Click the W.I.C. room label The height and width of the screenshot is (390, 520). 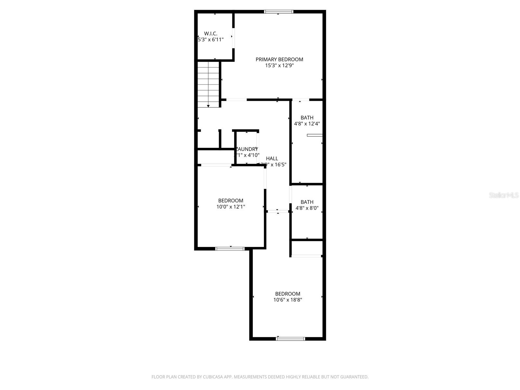[211, 33]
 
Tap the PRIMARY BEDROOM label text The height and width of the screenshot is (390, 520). [279, 59]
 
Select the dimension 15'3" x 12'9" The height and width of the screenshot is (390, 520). [279, 66]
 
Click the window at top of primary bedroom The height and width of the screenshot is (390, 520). [279, 12]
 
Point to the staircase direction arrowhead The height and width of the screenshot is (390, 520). [208, 106]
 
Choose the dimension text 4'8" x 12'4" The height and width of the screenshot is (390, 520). [307, 124]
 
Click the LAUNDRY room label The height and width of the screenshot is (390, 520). [247, 149]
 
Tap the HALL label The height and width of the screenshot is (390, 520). [272, 159]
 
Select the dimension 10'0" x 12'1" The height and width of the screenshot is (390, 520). [231, 207]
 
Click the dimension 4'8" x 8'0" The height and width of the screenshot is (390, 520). [307, 208]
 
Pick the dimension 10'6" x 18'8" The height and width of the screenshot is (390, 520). [288, 300]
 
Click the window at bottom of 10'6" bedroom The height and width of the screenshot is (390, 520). [290, 339]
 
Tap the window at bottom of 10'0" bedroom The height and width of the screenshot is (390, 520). [230, 249]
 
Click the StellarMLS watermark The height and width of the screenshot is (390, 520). [503, 195]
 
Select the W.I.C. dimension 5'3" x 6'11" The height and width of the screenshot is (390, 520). [211, 40]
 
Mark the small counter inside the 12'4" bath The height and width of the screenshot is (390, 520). [315, 135]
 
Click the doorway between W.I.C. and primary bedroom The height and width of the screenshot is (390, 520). [233, 38]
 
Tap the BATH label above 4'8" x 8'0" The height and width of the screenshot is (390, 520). [307, 202]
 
